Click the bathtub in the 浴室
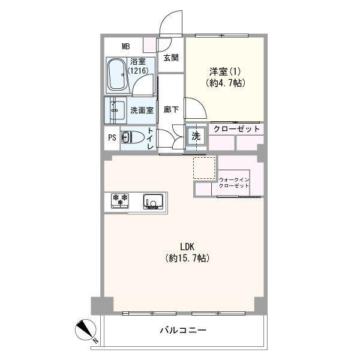pyautogui.click(x=116, y=75)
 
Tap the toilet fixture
pyautogui.click(x=132, y=137)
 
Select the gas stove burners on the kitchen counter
pyautogui.click(x=120, y=200)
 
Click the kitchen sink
pyautogui.click(x=154, y=202)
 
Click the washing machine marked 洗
pyautogui.click(x=196, y=136)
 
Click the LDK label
pyautogui.click(x=187, y=247)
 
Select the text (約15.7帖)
pyautogui.click(x=187, y=258)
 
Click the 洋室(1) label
pyautogui.click(x=225, y=72)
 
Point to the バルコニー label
pyautogui.click(x=183, y=331)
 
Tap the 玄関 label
pyautogui.click(x=171, y=58)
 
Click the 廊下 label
pyautogui.click(x=171, y=110)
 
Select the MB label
pyautogui.click(x=125, y=47)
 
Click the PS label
pyautogui.click(x=112, y=138)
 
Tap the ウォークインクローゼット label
pyautogui.click(x=234, y=183)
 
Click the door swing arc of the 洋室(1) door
pyautogui.click(x=202, y=104)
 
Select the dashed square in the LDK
pyautogui.click(x=205, y=168)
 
